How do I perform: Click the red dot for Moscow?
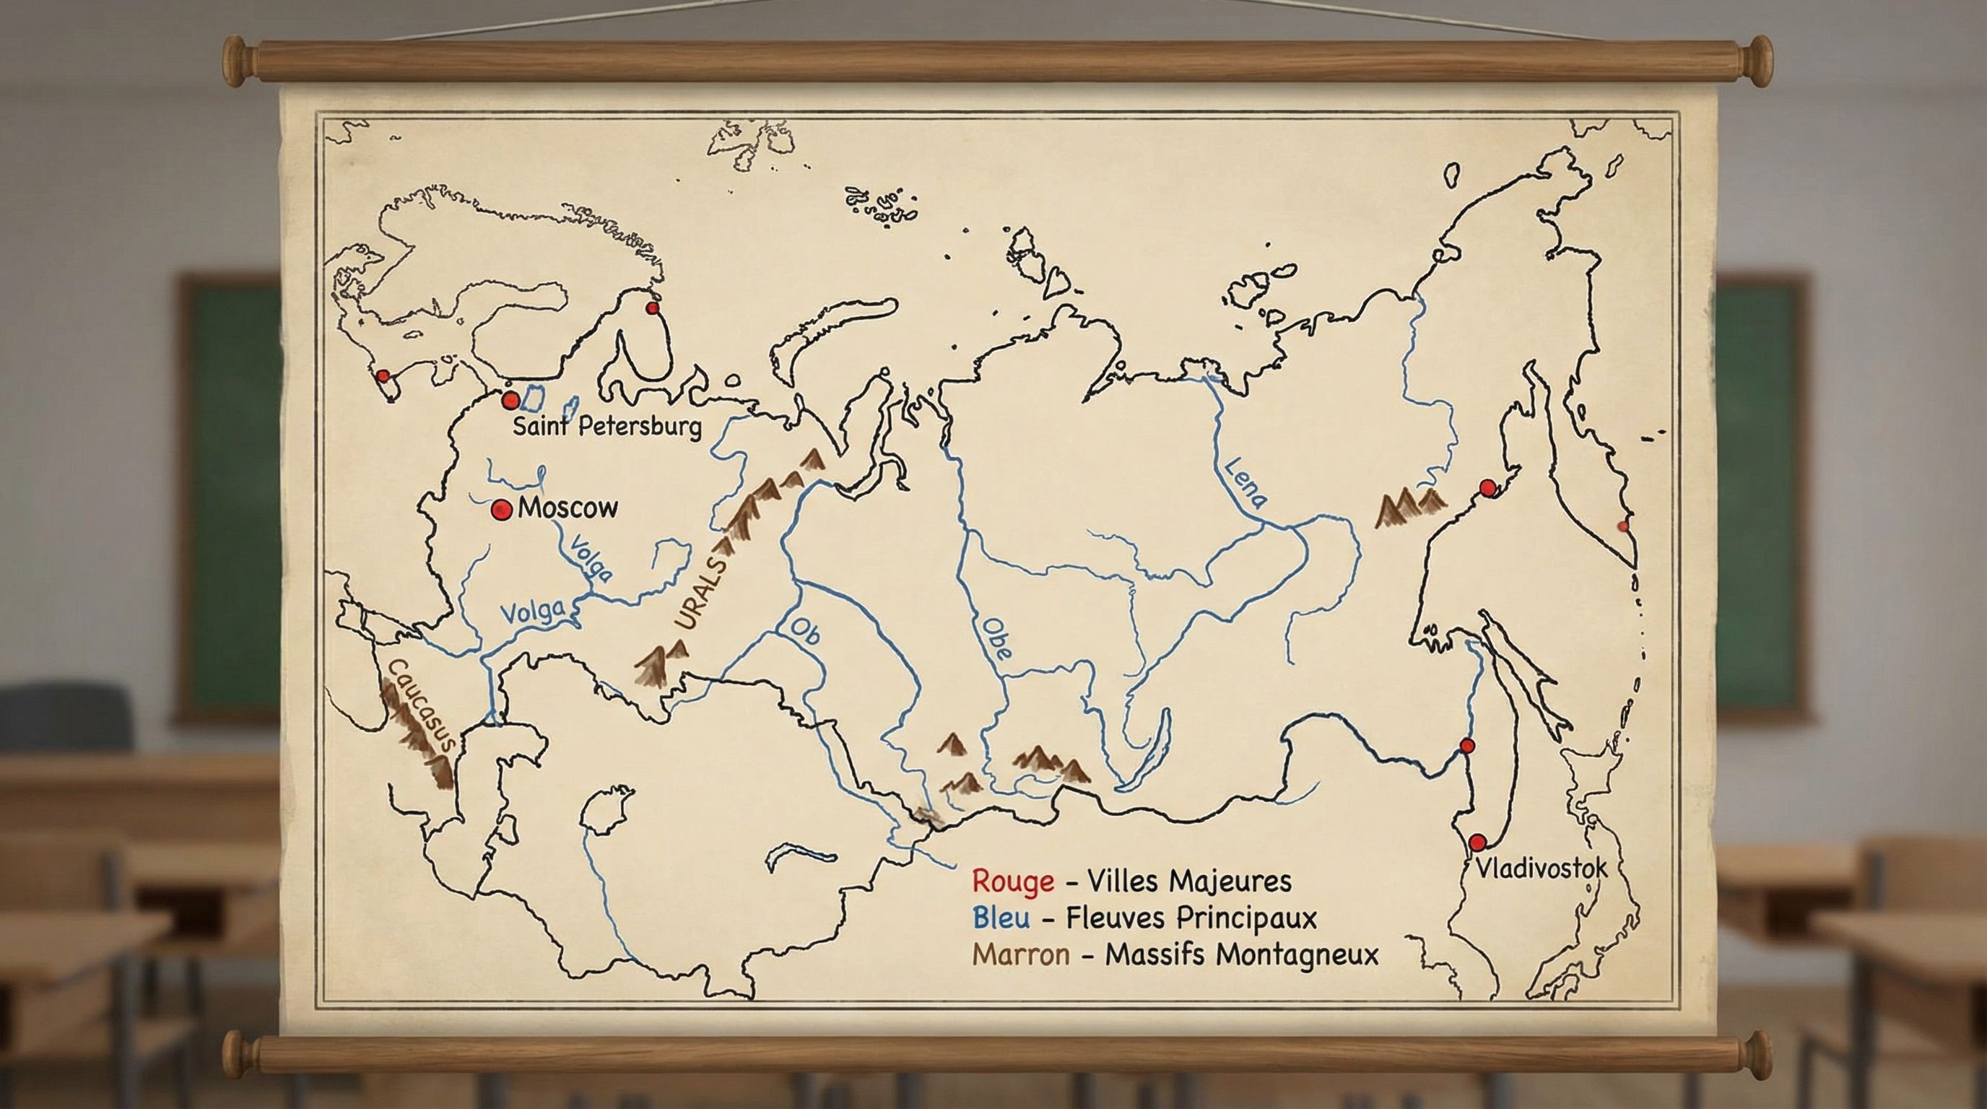[502, 509]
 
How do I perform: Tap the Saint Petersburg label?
[607, 427]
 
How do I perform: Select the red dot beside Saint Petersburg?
[510, 401]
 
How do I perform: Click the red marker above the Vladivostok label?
[1478, 842]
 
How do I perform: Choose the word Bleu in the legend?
[1001, 918]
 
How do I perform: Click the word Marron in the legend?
[1020, 954]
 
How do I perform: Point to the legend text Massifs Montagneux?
[1241, 954]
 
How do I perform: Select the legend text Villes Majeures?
[1188, 881]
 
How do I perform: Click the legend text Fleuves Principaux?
[1191, 918]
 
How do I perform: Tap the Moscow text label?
[568, 508]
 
